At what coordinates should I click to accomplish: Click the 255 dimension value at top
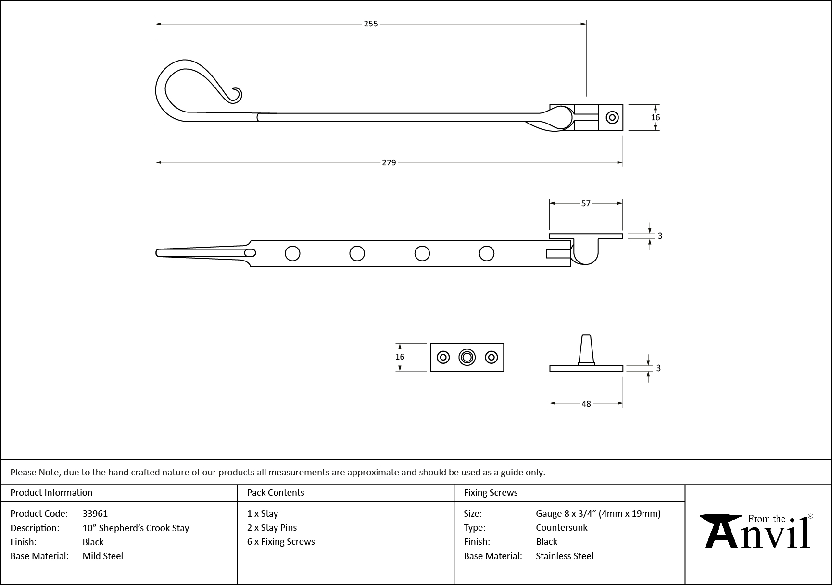370,24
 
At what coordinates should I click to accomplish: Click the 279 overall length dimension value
389,162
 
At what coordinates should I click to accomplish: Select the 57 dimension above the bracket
585,203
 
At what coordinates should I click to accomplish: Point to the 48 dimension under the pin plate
586,404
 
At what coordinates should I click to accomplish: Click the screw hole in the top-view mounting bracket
612,117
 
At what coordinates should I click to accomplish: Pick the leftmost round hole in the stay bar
292,253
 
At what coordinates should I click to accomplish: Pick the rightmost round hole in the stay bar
486,253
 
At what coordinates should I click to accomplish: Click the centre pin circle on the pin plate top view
466,357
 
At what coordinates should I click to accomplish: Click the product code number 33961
95,513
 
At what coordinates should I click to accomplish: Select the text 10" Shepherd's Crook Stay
136,528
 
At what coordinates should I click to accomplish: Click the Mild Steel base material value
102,556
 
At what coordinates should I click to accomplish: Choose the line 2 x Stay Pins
272,527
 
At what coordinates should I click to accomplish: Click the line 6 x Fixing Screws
281,541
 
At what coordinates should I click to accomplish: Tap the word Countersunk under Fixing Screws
561,527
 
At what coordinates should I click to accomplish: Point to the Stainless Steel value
564,556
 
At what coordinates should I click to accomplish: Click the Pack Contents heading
275,492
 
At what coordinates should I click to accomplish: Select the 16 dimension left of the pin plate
400,357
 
